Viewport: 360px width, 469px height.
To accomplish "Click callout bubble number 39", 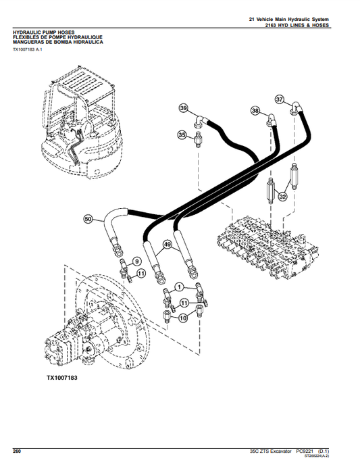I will coord(183,109).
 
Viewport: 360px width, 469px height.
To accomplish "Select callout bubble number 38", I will coord(255,110).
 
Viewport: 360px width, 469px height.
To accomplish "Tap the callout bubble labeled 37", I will coord(279,99).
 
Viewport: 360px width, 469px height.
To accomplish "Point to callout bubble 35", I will coord(182,136).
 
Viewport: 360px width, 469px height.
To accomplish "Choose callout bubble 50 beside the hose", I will coord(88,218).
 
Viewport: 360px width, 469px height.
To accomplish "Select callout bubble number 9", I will coord(136,262).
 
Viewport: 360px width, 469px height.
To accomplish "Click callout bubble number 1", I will coord(178,288).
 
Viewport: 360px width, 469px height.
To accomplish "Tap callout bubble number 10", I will coord(183,318).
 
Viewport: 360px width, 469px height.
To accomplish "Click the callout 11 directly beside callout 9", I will coord(141,273).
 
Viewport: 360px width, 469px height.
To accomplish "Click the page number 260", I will coord(18,450).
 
